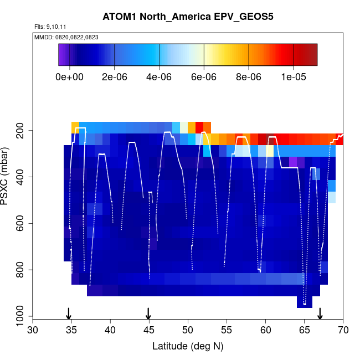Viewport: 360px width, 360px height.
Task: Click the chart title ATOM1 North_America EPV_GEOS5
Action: (188, 16)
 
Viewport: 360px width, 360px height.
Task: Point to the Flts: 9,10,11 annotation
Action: (50, 27)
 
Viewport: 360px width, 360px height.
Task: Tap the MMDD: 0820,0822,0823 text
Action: (63, 37)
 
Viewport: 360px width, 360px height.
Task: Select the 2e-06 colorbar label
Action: (114, 77)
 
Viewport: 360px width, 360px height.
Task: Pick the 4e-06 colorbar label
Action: (159, 77)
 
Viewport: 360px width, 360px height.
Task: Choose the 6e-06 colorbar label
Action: (204, 77)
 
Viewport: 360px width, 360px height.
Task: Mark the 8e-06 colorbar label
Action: (249, 77)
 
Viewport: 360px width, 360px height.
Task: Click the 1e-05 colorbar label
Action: (294, 77)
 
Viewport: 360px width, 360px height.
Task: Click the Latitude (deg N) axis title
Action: (188, 346)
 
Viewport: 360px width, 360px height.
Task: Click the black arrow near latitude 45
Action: (148, 313)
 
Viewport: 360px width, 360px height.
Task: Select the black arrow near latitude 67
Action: (320, 313)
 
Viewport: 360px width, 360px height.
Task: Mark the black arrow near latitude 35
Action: (69, 313)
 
